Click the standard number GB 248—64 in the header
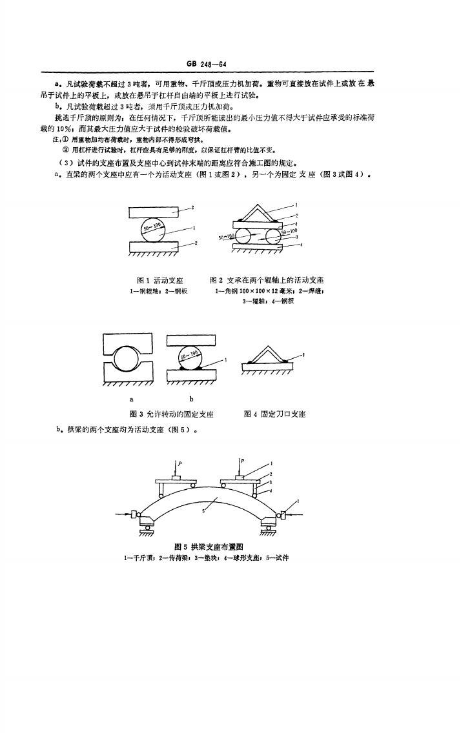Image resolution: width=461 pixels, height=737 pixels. pos(207,64)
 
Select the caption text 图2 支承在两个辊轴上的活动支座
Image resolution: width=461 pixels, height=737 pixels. pos(267,280)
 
